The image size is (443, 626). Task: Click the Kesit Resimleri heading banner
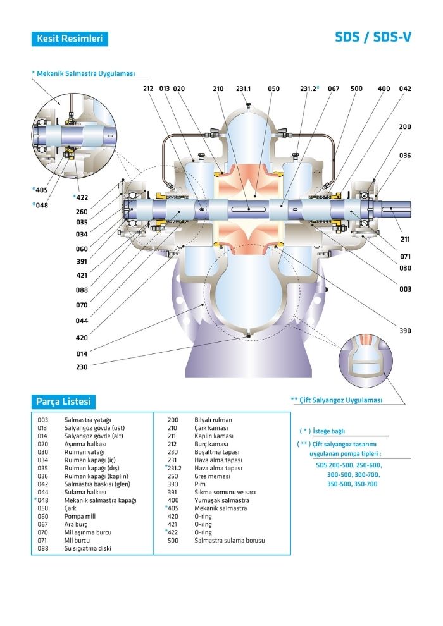69,39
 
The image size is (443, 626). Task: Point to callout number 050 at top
273,89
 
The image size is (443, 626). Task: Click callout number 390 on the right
405,331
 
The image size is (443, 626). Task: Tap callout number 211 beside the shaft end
405,240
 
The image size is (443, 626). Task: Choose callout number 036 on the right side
405,156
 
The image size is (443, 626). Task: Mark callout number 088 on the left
82,290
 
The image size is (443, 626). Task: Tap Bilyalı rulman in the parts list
213,420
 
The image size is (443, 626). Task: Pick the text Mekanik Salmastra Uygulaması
85,74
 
